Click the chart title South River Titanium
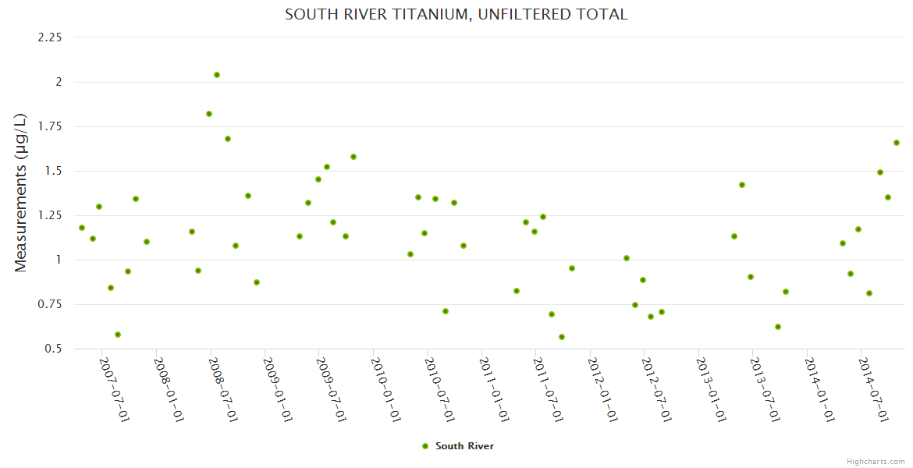(x=456, y=14)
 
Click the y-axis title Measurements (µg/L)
(x=21, y=193)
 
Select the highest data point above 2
(x=217, y=75)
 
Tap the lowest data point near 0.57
(x=562, y=337)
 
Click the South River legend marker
(x=425, y=446)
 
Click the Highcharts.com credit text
(x=876, y=461)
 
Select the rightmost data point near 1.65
(x=897, y=143)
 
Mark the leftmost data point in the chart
(x=82, y=228)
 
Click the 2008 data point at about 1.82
(x=209, y=114)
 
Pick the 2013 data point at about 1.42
(x=742, y=185)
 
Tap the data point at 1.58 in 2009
(x=353, y=157)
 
